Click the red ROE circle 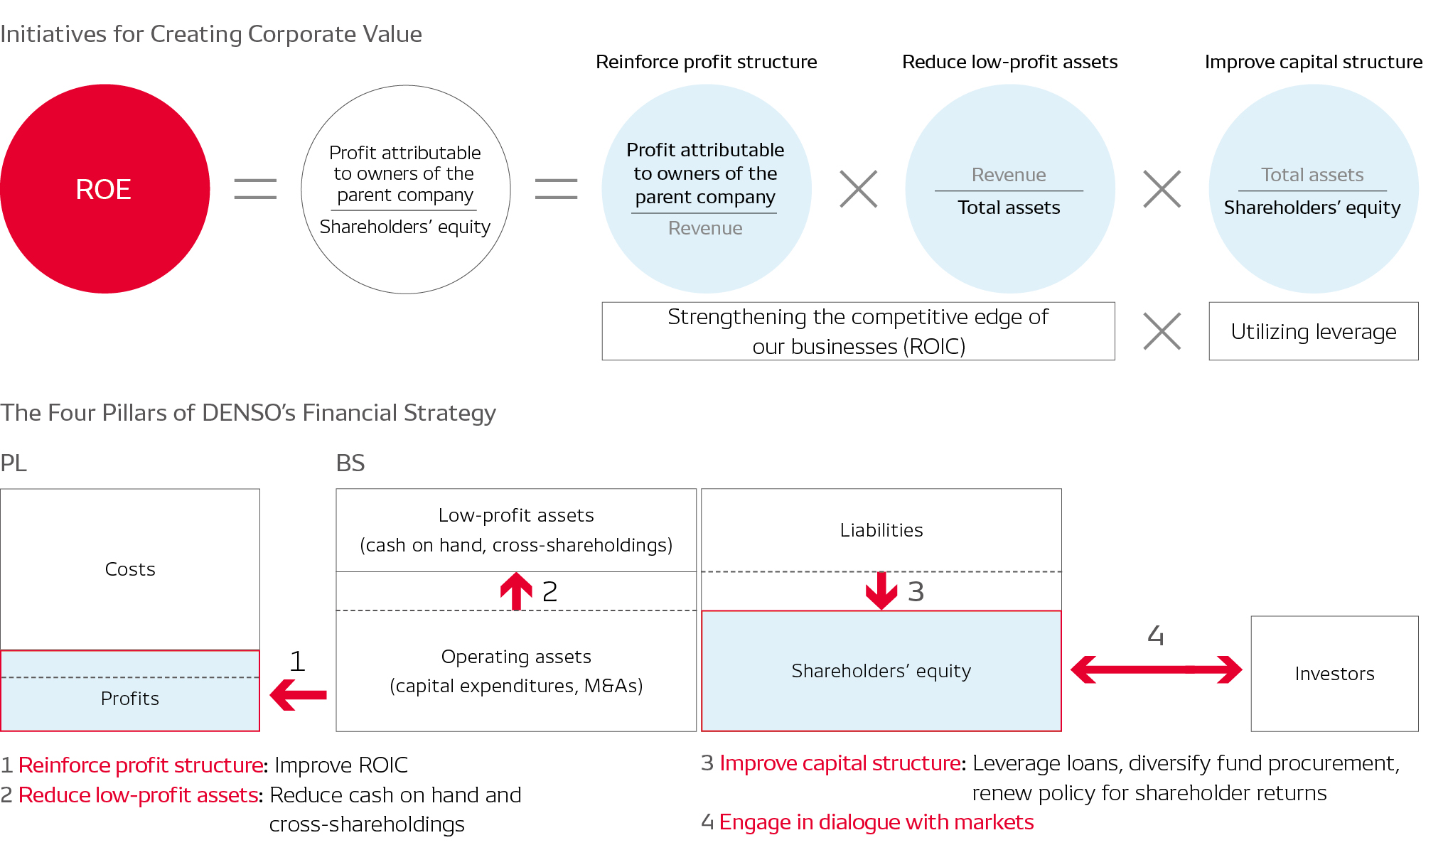point(104,189)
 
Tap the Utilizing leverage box point(1313,332)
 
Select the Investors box point(1334,673)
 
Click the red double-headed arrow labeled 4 point(1156,669)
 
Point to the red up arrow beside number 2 point(517,591)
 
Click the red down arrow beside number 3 point(881,591)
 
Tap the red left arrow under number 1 point(299,694)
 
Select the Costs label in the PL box point(130,569)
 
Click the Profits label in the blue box point(130,699)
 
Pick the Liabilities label point(881,530)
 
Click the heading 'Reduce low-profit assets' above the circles point(1009,62)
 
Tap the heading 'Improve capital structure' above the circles point(1313,62)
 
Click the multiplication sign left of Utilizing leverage point(1162,332)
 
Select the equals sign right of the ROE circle point(255,189)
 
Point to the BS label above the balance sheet point(350,463)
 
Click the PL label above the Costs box point(14,463)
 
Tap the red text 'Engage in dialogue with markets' point(876,822)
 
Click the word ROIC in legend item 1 point(383,765)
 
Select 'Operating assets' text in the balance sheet point(516,657)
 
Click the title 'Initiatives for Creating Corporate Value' point(211,34)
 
